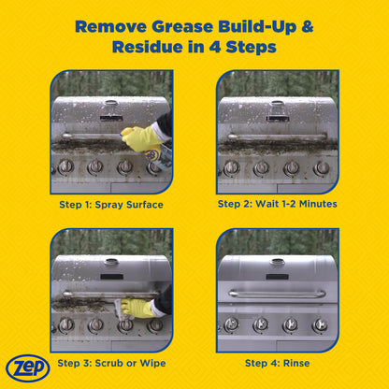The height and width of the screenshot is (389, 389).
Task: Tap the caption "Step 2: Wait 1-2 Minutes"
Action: click(277, 202)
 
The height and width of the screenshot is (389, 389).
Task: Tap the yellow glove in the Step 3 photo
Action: click(137, 306)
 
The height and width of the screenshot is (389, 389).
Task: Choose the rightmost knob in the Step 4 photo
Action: click(321, 324)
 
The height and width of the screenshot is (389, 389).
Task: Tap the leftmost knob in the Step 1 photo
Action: click(66, 167)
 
